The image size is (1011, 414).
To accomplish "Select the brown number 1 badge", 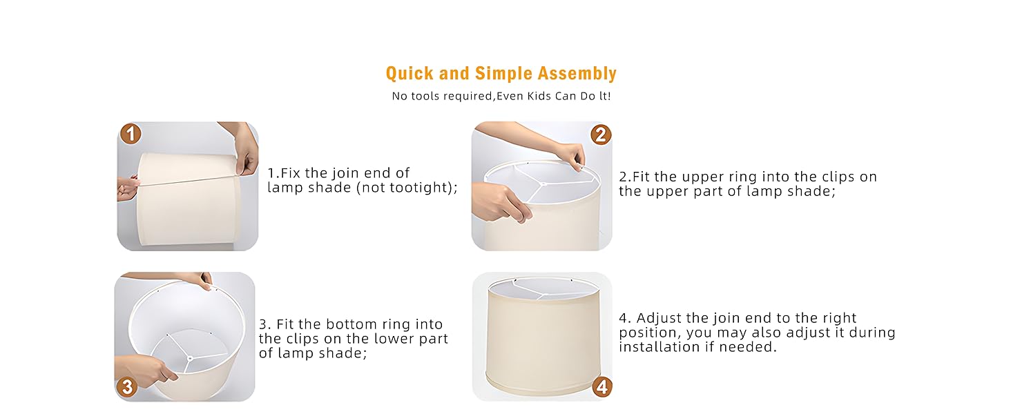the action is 131,134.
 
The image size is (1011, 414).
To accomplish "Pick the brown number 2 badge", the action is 601,135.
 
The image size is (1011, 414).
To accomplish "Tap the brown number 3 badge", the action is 127,387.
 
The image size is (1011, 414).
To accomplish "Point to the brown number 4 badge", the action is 601,387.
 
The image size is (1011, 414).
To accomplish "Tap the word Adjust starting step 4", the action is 659,319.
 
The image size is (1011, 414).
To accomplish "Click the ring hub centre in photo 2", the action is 543,184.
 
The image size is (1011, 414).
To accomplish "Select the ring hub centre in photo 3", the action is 190,359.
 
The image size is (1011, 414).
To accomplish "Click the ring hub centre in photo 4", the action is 543,293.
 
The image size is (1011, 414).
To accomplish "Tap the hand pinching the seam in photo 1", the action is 247,155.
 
